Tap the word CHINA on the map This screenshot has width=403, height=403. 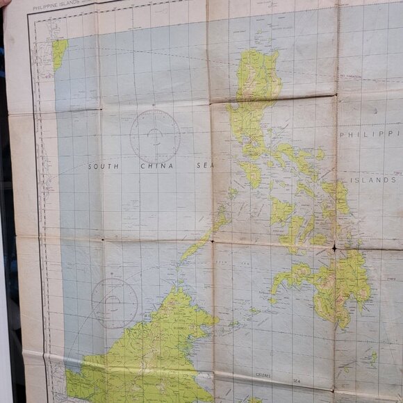tap(154, 167)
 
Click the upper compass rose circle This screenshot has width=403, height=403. tap(155, 136)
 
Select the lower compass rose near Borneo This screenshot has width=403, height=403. tap(115, 302)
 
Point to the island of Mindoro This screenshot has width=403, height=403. tap(252, 174)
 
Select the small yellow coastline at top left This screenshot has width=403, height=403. tap(59, 52)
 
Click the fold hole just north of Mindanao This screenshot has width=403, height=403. tap(334, 247)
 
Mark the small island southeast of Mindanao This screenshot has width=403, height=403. tap(373, 359)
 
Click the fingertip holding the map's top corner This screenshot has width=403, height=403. tap(3, 3)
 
